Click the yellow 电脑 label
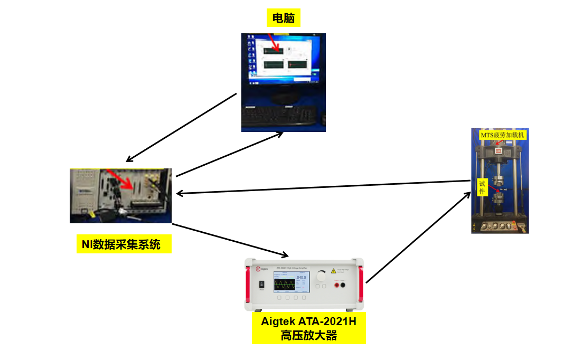[284, 19]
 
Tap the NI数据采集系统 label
[124, 244]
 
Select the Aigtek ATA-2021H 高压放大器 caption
[309, 328]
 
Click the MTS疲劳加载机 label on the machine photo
[502, 135]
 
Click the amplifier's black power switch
[261, 285]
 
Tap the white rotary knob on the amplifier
[321, 276]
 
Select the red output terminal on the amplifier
[336, 286]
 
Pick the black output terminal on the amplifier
[343, 286]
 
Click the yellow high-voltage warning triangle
[333, 271]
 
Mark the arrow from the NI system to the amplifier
[230, 240]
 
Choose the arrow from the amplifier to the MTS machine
[418, 238]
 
